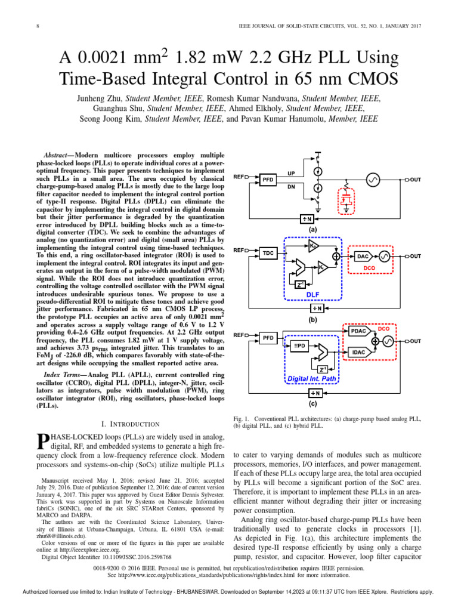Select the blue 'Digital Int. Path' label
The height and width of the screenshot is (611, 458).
[312, 378]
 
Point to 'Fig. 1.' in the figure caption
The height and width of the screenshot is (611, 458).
[240, 418]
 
